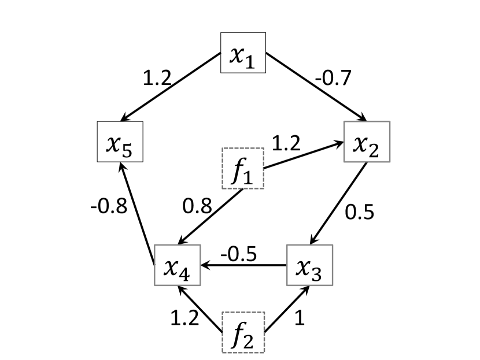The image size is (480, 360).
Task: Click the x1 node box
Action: tap(243, 53)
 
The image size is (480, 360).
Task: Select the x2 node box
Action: tap(367, 142)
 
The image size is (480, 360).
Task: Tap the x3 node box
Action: tap(310, 265)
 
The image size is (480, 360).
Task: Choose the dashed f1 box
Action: tap(243, 168)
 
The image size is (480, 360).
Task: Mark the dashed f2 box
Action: tap(243, 332)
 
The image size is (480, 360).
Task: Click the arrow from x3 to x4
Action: tap(243, 266)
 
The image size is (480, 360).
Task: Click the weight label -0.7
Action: tap(333, 77)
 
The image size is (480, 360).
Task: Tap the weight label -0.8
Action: tap(108, 206)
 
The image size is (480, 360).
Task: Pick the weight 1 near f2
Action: tap(299, 318)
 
